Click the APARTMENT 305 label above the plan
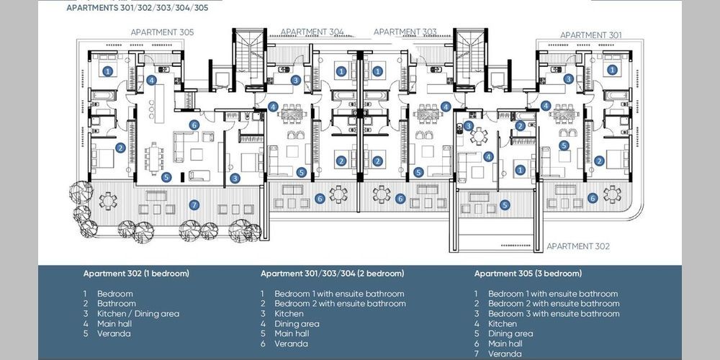coord(162,32)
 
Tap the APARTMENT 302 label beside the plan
coord(578,246)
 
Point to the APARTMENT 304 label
coord(312,32)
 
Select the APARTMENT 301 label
coord(591,35)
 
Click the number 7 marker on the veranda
coord(194,205)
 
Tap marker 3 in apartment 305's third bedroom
coord(235,178)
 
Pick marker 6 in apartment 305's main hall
coord(194,125)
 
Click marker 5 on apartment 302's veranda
coord(505,205)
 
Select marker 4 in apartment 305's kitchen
coord(151,80)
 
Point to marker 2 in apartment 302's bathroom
coord(520,126)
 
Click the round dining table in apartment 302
coord(479,136)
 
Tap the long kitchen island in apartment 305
coord(159,103)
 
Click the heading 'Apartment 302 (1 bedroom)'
coord(136,274)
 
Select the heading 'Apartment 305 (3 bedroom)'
coord(528,274)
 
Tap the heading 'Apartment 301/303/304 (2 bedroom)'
coord(333,274)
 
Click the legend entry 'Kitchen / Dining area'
coord(138,314)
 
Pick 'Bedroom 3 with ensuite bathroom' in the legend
coord(554,314)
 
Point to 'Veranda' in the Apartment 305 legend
coord(505,354)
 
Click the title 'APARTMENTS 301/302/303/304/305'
coord(138,8)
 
